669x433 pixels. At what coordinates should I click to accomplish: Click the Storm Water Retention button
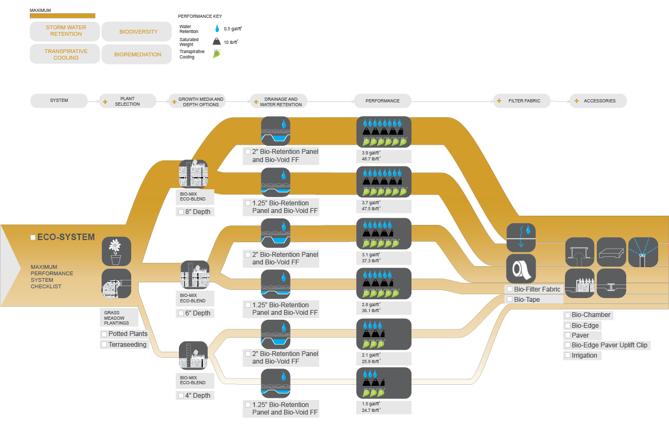pyautogui.click(x=66, y=31)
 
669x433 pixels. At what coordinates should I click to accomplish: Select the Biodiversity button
pyautogui.click(x=138, y=32)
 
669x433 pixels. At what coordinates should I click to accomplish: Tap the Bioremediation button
pyautogui.click(x=138, y=55)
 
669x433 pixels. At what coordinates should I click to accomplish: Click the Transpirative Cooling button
pyautogui.click(x=66, y=55)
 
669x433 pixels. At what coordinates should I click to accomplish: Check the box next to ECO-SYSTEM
pyautogui.click(x=33, y=237)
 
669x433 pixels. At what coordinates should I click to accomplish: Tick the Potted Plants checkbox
pyautogui.click(x=104, y=334)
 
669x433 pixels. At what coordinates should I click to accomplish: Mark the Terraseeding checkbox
pyautogui.click(x=104, y=345)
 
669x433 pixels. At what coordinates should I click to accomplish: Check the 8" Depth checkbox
pyautogui.click(x=181, y=212)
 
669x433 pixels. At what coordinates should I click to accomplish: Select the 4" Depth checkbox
pyautogui.click(x=181, y=396)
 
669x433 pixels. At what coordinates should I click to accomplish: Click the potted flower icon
pyautogui.click(x=116, y=251)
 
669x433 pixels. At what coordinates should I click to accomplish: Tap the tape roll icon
pyautogui.click(x=521, y=269)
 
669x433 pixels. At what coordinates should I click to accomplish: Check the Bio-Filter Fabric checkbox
pyautogui.click(x=510, y=289)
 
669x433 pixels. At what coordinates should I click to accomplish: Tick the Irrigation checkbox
pyautogui.click(x=567, y=356)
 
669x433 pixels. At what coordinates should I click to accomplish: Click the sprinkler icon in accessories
pyautogui.click(x=642, y=252)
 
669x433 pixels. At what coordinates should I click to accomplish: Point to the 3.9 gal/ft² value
pyautogui.click(x=371, y=153)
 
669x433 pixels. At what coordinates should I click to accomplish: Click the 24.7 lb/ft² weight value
pyautogui.click(x=371, y=410)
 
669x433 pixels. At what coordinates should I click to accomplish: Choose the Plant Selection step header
pyautogui.click(x=127, y=101)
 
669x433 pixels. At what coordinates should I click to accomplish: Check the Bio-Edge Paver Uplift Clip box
pyautogui.click(x=567, y=345)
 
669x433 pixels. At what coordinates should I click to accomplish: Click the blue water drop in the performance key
pyautogui.click(x=217, y=29)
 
